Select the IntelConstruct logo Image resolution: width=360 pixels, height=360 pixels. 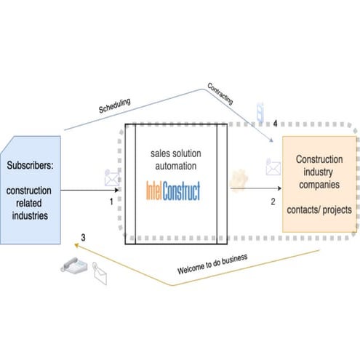coord(174,191)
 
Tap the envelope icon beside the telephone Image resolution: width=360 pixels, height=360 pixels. coord(97,276)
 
